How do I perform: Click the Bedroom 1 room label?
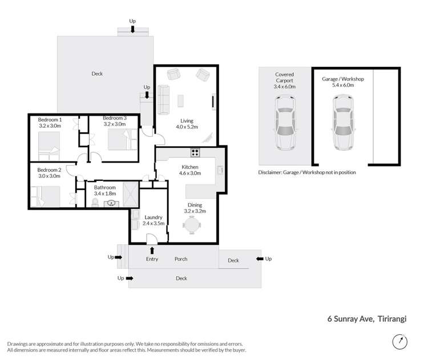pyautogui.click(x=50, y=120)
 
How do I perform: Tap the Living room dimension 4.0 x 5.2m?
pyautogui.click(x=187, y=127)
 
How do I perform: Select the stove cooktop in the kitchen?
pyautogui.click(x=195, y=152)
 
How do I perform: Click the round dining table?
pyautogui.click(x=192, y=225)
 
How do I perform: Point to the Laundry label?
pyautogui.click(x=154, y=217)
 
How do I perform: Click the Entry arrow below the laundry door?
pyautogui.click(x=152, y=250)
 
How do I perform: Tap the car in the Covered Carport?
pyautogui.click(x=285, y=122)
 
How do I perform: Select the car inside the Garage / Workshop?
pyautogui.click(x=343, y=122)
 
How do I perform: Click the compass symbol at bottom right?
pyautogui.click(x=400, y=341)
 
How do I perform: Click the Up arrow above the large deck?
pyautogui.click(x=132, y=29)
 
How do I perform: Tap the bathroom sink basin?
pyautogui.click(x=111, y=203)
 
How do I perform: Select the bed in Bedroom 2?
pyautogui.click(x=45, y=196)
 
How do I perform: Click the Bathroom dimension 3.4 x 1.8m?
pyautogui.click(x=105, y=193)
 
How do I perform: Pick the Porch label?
pyautogui.click(x=181, y=259)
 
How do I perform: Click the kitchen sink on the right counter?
pyautogui.click(x=220, y=171)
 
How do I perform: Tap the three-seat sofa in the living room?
pyautogui.click(x=164, y=100)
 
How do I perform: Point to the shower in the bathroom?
pyautogui.click(x=131, y=194)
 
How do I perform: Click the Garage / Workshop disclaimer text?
pyautogui.click(x=307, y=172)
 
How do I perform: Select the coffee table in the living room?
pyautogui.click(x=180, y=101)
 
